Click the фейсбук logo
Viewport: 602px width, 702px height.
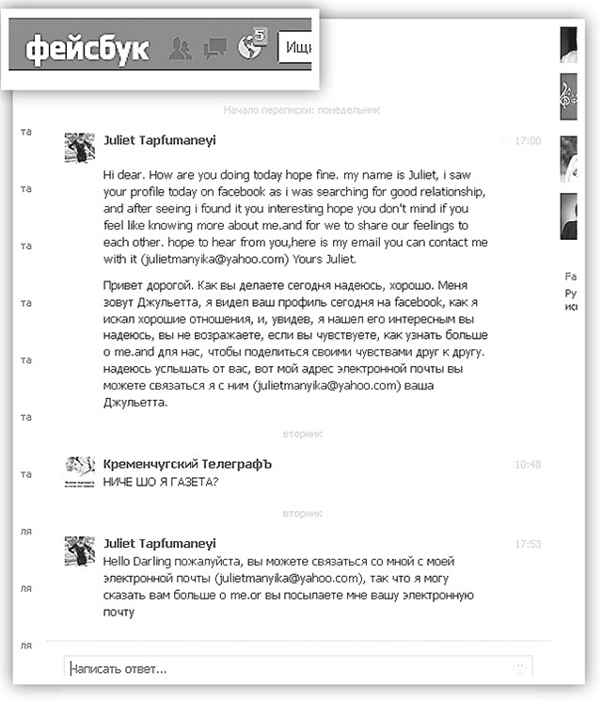click(87, 48)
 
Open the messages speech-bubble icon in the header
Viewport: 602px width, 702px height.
click(216, 47)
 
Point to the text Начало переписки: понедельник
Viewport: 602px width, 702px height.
click(301, 110)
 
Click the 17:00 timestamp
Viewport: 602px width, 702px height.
click(528, 140)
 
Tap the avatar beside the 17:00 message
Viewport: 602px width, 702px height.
click(79, 148)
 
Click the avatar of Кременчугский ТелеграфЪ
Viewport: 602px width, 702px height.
click(79, 471)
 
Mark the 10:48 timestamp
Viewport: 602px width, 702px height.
click(528, 465)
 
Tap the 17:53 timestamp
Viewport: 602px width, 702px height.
click(528, 544)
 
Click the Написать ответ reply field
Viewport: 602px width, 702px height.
click(292, 669)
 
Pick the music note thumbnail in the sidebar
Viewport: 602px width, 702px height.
click(568, 91)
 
